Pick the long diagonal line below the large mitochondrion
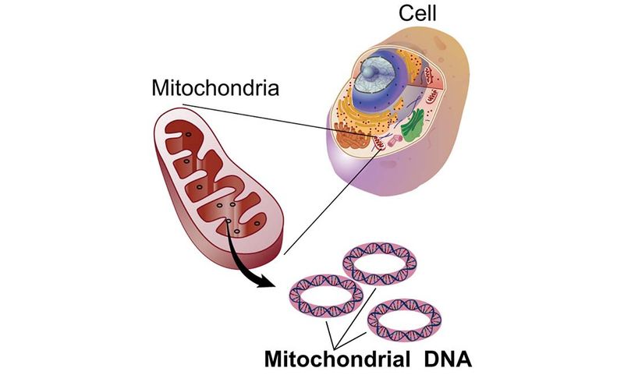pyautogui.click(x=328, y=203)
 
